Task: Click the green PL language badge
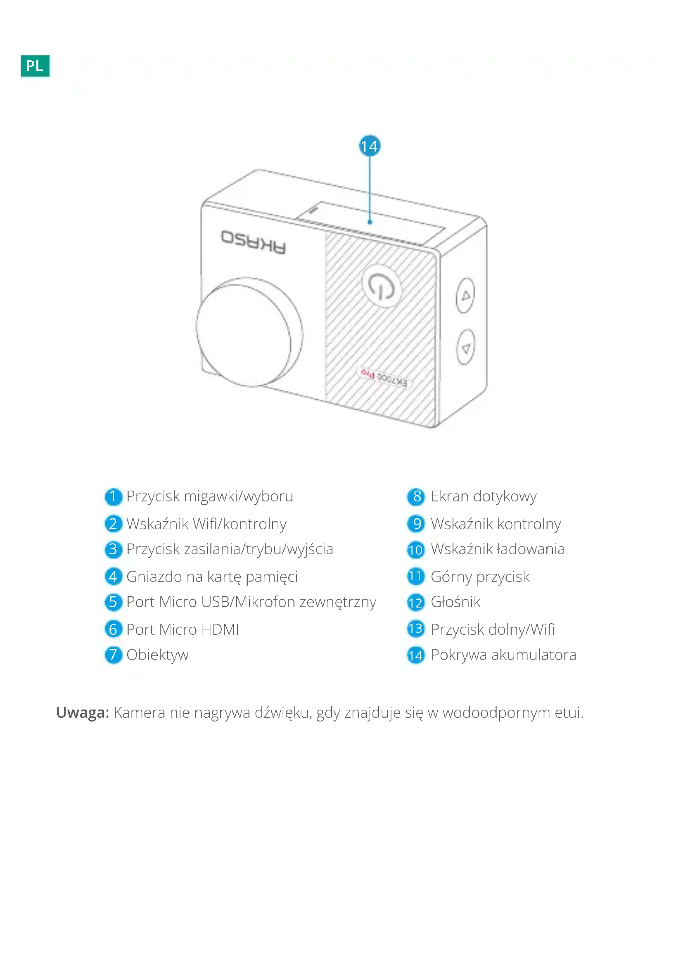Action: pos(35,65)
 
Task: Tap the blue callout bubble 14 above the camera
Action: pos(369,146)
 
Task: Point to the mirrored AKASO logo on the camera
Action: pos(254,242)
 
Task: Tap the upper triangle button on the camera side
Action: pos(465,296)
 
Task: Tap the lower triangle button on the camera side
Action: pos(465,347)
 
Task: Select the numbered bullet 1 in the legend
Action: pos(113,496)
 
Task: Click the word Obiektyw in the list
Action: pos(157,655)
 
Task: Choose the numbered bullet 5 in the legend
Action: pos(113,602)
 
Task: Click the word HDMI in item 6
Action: pos(220,629)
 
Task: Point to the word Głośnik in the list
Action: pos(455,602)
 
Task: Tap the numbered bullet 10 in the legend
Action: pos(415,549)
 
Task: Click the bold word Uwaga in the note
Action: pos(83,713)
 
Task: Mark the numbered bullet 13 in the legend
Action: pos(415,629)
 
